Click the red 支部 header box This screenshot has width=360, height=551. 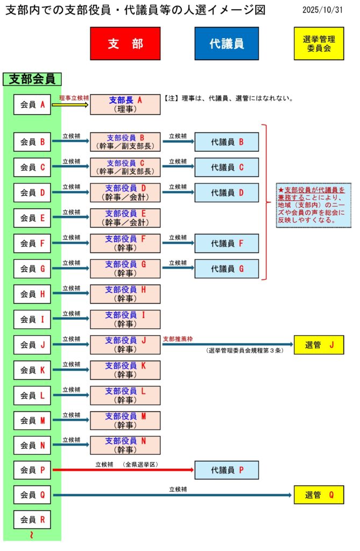(x=125, y=44)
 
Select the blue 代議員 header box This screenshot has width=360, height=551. (x=227, y=44)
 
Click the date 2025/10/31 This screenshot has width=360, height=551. (x=322, y=10)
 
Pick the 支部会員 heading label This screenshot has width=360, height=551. (x=33, y=79)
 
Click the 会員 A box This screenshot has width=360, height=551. (x=32, y=104)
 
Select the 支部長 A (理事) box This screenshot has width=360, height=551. (x=125, y=104)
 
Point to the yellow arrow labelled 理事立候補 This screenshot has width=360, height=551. (x=70, y=105)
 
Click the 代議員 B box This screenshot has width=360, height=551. (x=227, y=142)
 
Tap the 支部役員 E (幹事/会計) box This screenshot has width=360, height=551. (x=125, y=218)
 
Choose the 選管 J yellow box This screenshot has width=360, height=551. (x=319, y=345)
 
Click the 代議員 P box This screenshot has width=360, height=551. (x=227, y=470)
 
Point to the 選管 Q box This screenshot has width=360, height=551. (x=319, y=495)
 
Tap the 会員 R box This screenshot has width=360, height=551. (x=32, y=520)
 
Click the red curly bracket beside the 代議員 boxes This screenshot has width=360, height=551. (x=265, y=202)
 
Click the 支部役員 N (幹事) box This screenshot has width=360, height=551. (x=125, y=446)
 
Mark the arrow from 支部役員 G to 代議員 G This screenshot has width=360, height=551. (x=178, y=269)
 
